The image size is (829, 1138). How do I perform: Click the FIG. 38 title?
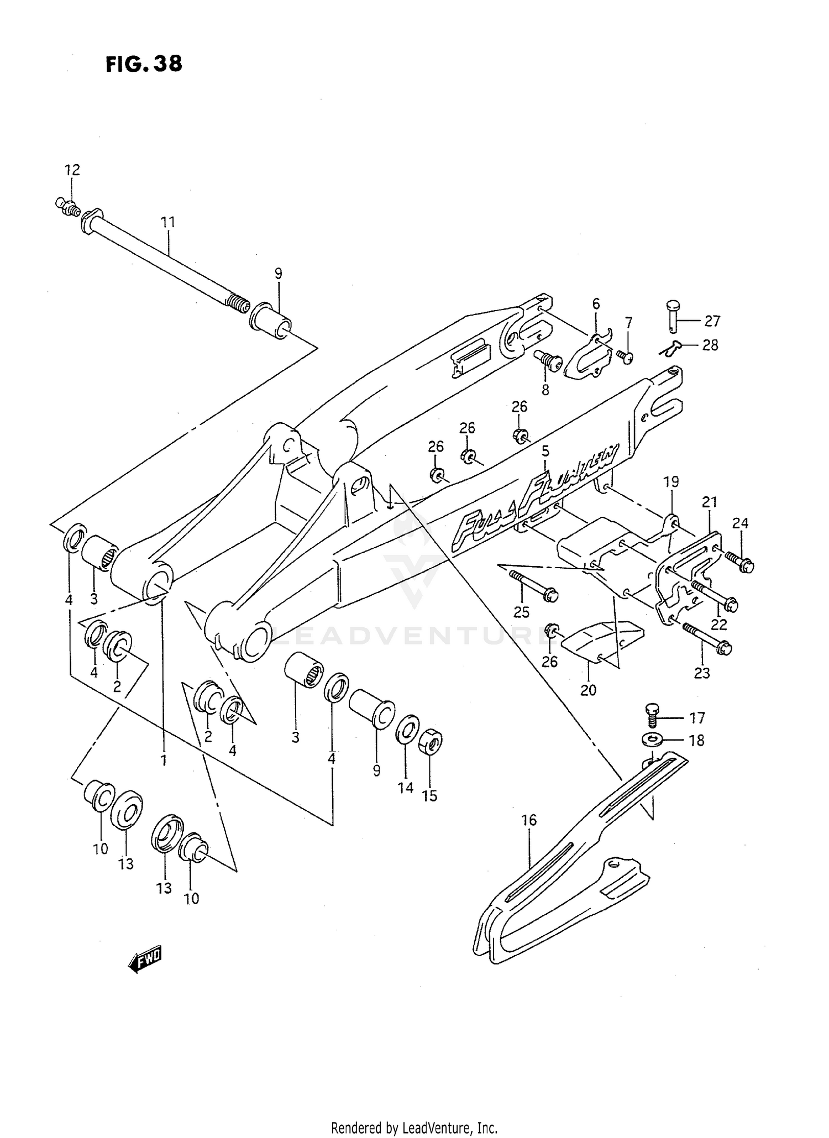coord(144,64)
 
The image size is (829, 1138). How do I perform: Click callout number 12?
coord(72,170)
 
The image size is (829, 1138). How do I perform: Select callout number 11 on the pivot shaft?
coord(168,222)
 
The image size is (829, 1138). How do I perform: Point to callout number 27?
coord(712,321)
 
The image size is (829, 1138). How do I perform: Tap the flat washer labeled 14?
coord(407,730)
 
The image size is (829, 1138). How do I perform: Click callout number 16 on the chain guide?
coord(529,820)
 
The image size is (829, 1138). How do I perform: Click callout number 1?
coord(164,761)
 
